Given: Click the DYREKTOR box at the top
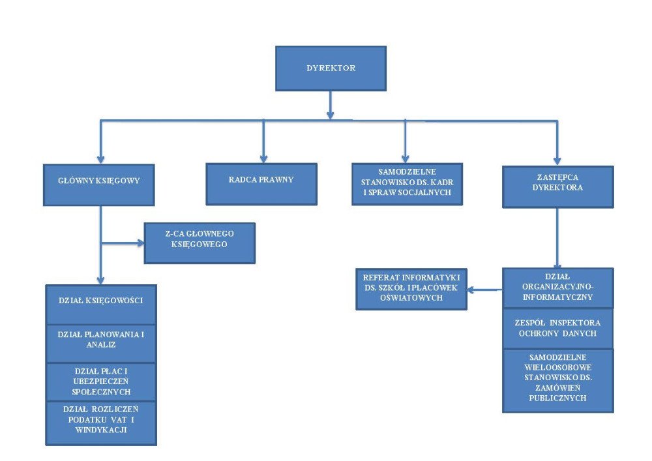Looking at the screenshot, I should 331,68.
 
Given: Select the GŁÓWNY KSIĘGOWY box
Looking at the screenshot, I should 100,184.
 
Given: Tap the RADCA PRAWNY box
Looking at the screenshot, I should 261,184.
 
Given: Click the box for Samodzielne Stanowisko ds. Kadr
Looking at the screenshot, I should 407,184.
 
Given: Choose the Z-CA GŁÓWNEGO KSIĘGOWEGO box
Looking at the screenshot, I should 200,243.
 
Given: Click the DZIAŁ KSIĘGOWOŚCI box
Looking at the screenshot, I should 100,305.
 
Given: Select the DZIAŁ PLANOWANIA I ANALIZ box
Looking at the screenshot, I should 100,343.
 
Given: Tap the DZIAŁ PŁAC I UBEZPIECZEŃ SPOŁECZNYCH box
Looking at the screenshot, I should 100,381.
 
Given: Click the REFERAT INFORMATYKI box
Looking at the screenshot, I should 411,288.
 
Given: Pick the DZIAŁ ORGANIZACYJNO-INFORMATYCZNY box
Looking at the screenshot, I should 557,288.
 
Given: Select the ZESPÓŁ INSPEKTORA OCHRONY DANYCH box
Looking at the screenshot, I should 557,328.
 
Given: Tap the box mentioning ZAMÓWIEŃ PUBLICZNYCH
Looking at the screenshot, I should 557,380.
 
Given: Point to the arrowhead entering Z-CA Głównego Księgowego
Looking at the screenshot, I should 140,243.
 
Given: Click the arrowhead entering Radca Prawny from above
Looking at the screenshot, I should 263,158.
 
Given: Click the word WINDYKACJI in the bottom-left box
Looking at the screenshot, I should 100,430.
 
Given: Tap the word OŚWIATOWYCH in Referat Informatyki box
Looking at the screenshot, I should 411,297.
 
